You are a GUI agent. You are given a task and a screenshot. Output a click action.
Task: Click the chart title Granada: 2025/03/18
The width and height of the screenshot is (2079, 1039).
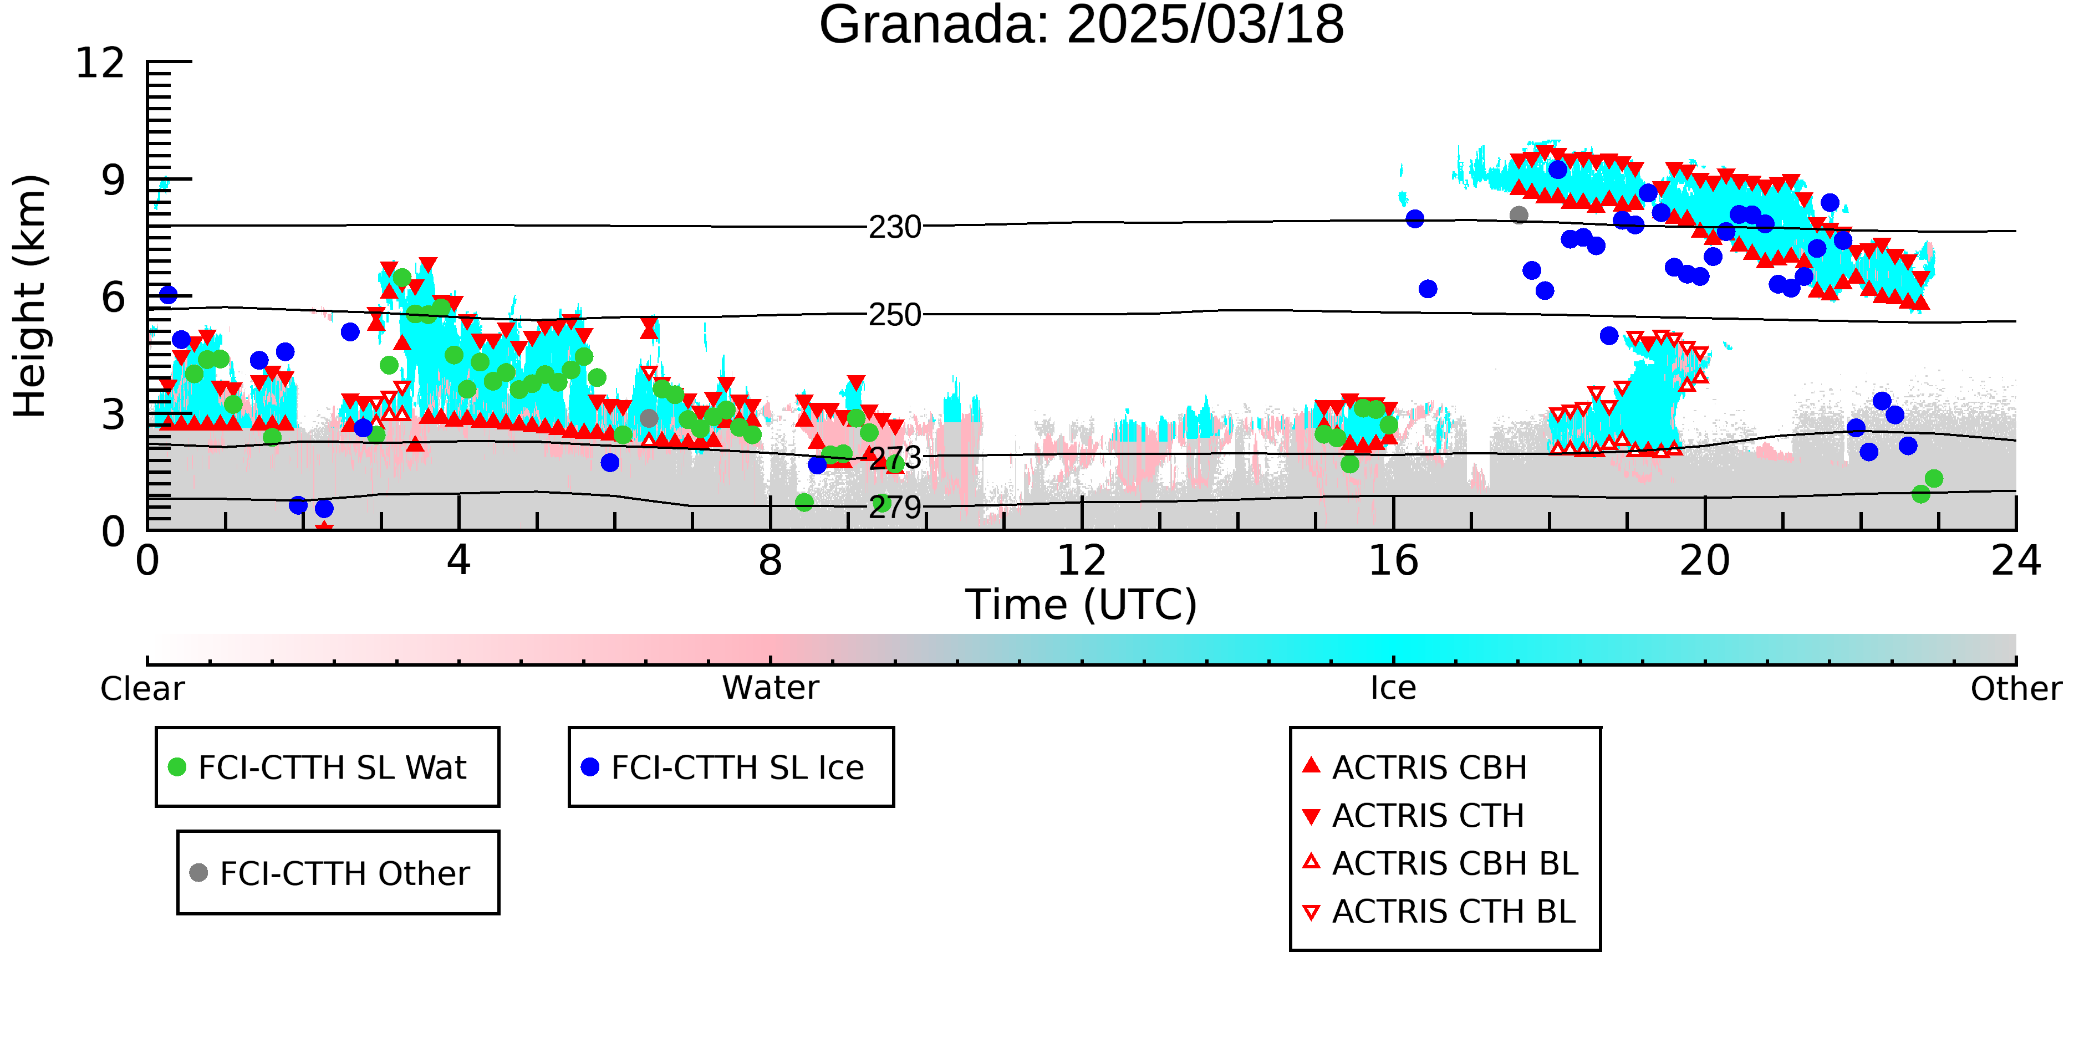pyautogui.click(x=1082, y=25)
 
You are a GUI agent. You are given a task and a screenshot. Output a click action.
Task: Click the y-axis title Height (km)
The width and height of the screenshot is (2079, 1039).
pyautogui.click(x=30, y=296)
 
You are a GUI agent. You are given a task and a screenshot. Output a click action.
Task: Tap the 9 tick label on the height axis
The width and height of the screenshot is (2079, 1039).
pyautogui.click(x=114, y=180)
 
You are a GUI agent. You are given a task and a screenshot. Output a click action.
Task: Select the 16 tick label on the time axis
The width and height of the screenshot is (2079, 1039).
pyautogui.click(x=1394, y=561)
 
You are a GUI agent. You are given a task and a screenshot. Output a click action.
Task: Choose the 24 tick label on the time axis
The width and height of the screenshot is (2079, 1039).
pyautogui.click(x=2016, y=561)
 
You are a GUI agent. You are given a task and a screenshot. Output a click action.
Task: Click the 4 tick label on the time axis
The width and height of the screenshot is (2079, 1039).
pyautogui.click(x=459, y=561)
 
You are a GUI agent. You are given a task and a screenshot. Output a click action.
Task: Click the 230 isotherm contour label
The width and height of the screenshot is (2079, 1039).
pyautogui.click(x=895, y=228)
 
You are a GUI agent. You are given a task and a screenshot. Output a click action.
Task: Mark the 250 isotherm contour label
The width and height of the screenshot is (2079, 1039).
pyautogui.click(x=895, y=315)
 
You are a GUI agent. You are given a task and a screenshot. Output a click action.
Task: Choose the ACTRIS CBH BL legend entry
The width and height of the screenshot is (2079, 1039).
pyautogui.click(x=1441, y=863)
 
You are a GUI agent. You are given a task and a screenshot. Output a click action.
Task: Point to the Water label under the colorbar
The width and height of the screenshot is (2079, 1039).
pyautogui.click(x=771, y=688)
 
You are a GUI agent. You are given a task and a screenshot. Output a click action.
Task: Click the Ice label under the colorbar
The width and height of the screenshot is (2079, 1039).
pyautogui.click(x=1394, y=688)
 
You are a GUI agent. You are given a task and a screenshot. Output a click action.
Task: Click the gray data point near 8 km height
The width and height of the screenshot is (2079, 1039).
pyautogui.click(x=1519, y=214)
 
